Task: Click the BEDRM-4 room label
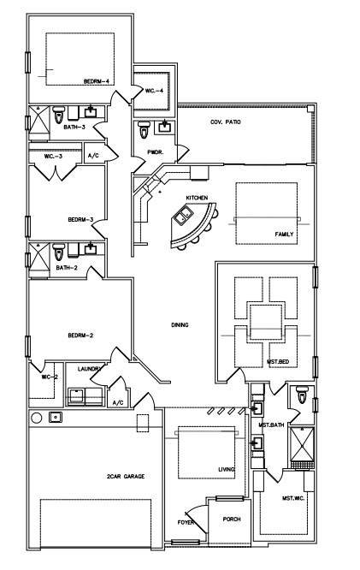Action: [97, 81]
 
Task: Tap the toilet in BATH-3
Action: [58, 115]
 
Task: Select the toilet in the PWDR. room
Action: [144, 130]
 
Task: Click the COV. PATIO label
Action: [225, 122]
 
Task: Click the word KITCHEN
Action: [197, 198]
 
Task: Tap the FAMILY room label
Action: [284, 235]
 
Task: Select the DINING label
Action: [180, 325]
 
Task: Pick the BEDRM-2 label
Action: [80, 335]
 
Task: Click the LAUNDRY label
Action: [89, 369]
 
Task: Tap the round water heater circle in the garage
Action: [36, 418]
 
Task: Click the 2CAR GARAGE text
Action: [126, 476]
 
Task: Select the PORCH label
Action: [232, 520]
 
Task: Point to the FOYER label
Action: [186, 523]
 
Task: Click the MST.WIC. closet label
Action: [293, 498]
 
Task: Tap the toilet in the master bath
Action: [302, 395]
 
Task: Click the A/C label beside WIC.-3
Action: [93, 156]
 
